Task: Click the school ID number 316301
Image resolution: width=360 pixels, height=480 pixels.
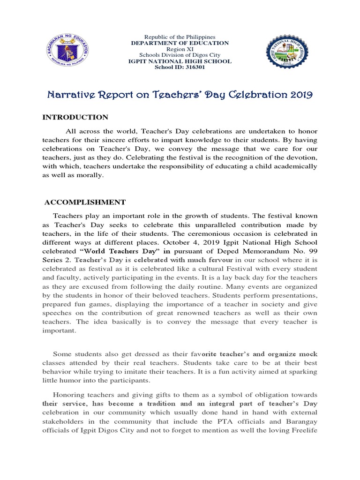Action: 182,67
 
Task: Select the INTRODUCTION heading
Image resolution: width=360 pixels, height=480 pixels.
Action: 75,117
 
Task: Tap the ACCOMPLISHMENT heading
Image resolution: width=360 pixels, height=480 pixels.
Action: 85,202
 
